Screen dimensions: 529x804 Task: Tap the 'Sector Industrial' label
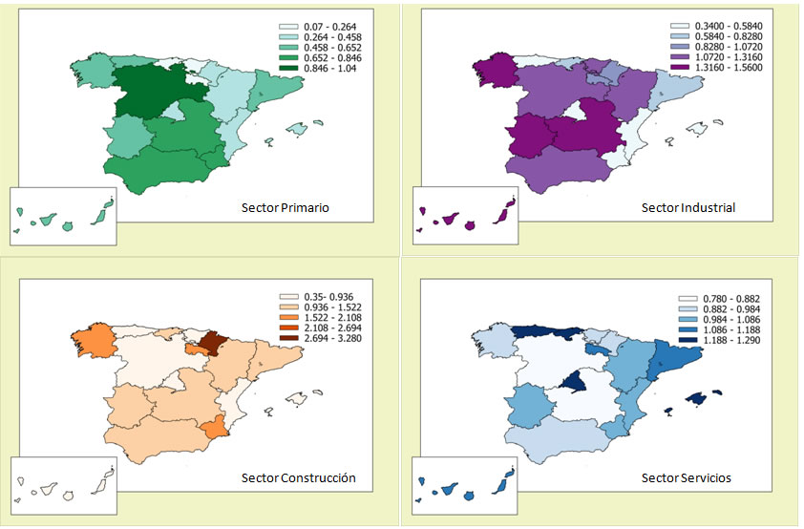click(x=688, y=207)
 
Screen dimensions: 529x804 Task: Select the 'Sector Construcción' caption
click(x=298, y=477)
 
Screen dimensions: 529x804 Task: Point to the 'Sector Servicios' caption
click(x=688, y=477)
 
